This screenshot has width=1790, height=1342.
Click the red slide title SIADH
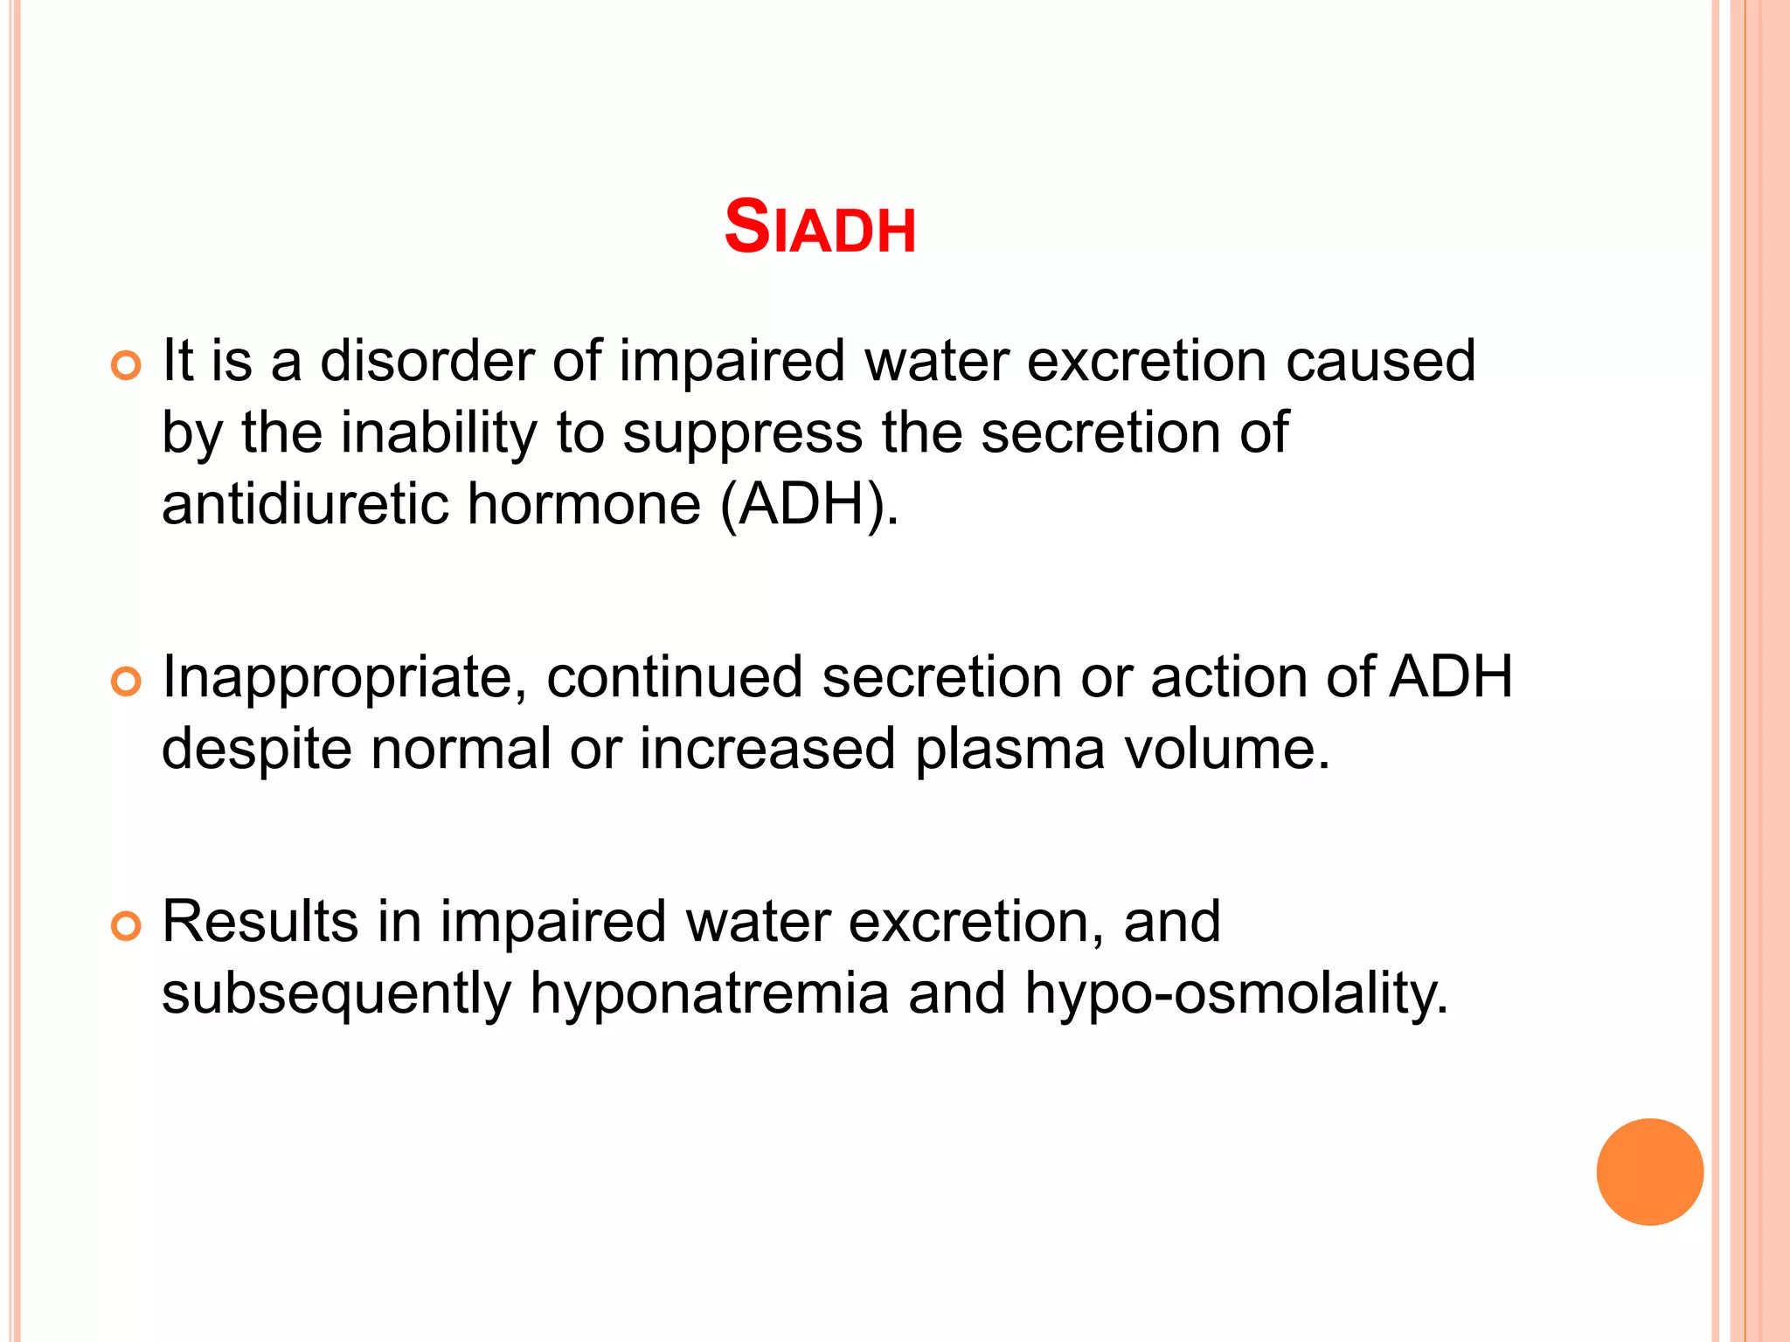click(x=820, y=227)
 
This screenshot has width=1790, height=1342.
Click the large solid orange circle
click(x=1649, y=1172)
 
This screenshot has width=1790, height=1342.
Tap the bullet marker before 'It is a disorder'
click(x=127, y=366)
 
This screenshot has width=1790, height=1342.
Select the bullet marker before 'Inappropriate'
click(x=127, y=681)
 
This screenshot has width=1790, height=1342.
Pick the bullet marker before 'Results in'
click(x=127, y=926)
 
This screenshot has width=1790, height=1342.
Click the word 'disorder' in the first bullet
click(x=427, y=361)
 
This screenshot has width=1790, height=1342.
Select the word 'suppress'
click(x=742, y=434)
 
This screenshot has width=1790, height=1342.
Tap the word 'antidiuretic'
click(x=305, y=504)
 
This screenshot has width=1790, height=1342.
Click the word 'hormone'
click(x=584, y=504)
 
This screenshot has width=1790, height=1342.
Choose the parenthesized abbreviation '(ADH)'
click(x=808, y=504)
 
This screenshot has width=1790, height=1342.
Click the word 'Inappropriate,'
click(x=344, y=678)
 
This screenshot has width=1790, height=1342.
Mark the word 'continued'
click(x=674, y=677)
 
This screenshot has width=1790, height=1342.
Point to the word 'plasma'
click(x=1009, y=751)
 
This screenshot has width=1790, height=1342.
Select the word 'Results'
click(x=260, y=922)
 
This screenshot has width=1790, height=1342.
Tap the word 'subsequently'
click(x=336, y=994)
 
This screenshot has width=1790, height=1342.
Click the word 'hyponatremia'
click(x=709, y=994)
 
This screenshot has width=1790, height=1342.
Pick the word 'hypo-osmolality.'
click(x=1236, y=994)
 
